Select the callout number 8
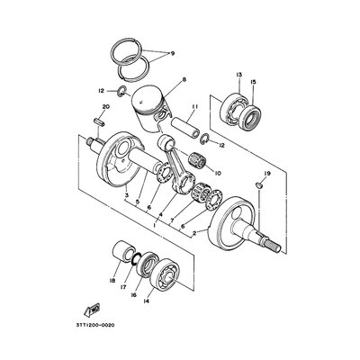[x=184, y=82]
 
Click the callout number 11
[x=193, y=107]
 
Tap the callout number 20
[x=106, y=108]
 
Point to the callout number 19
[x=267, y=172]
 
